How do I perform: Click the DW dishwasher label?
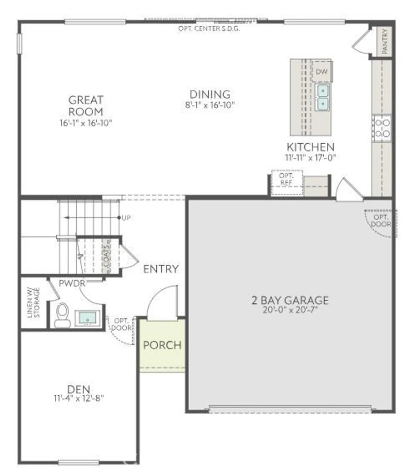pos(322,72)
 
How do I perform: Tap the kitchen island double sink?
pos(323,97)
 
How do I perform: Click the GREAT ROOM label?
pos(86,106)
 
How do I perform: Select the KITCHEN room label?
pos(310,147)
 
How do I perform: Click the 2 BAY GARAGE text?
pos(290,300)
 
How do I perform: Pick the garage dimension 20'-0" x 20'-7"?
pos(290,310)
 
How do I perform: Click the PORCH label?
pos(162,345)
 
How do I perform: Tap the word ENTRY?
pos(161,269)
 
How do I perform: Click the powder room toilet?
pos(62,315)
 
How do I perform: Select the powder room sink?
pos(87,317)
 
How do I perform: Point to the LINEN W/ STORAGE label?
pos(33,303)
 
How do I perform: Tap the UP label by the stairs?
pos(126,218)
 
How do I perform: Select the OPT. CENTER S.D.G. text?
pos(209,28)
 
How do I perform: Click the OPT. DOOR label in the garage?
pos(381,221)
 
